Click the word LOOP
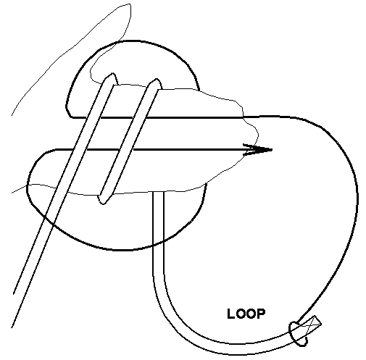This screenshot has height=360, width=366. point(246,314)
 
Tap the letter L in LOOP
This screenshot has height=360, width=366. point(230,314)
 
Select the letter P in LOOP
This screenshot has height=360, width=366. point(261,314)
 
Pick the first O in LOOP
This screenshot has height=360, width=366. point(239,314)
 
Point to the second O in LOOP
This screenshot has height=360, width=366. point(251,314)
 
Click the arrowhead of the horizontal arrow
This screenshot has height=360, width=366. point(258,150)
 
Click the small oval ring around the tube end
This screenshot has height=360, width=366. point(299,334)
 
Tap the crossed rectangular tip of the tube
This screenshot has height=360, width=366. point(312,325)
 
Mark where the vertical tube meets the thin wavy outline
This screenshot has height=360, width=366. point(158,191)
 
